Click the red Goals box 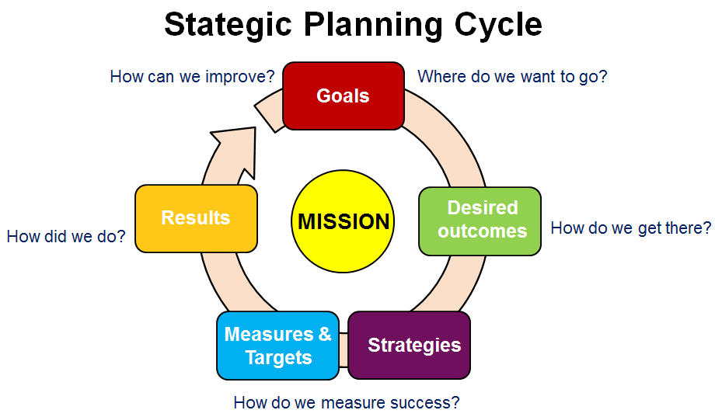click(x=344, y=96)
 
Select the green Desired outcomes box click(x=480, y=221)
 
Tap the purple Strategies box click(x=409, y=345)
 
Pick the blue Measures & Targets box click(x=277, y=346)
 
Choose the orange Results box click(x=196, y=218)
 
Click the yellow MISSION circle click(x=343, y=221)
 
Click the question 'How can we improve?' click(x=193, y=77)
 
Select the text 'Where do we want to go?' click(x=512, y=77)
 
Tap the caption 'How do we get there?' click(x=631, y=228)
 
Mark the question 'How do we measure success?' click(x=347, y=403)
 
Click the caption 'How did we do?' click(x=66, y=237)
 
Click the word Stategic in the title click(x=228, y=25)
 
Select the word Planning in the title click(x=373, y=25)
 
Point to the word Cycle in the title click(x=498, y=26)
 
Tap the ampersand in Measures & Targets click(x=325, y=334)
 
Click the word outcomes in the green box click(x=483, y=231)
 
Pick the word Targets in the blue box click(x=278, y=357)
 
